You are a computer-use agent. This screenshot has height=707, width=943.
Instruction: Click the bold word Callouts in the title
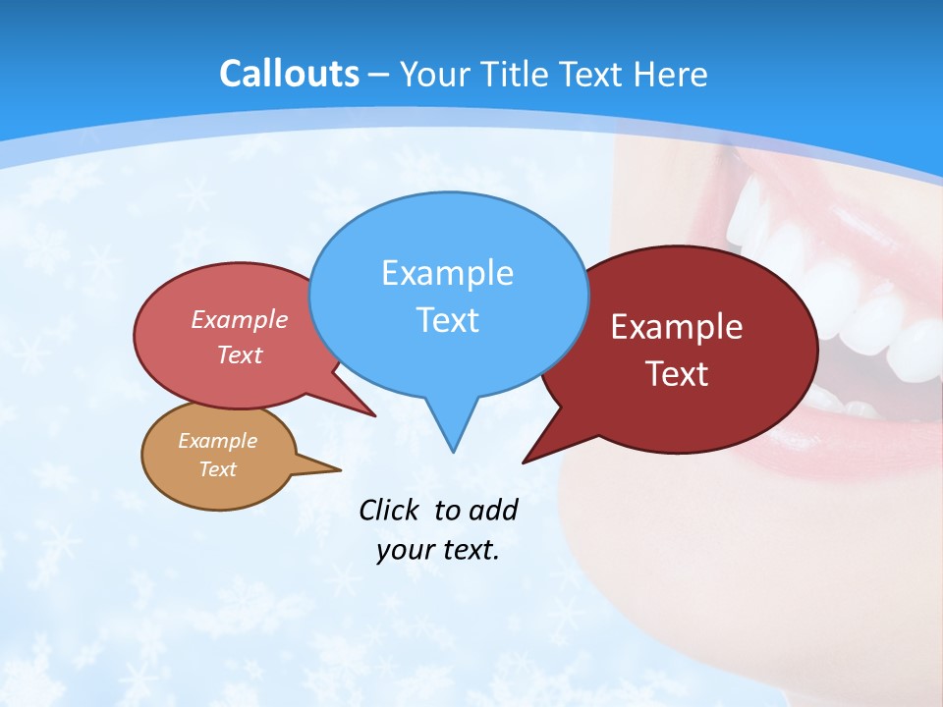pos(289,74)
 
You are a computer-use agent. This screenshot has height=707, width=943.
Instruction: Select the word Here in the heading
pos(671,74)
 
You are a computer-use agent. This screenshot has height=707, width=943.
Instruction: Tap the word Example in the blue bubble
pos(447,273)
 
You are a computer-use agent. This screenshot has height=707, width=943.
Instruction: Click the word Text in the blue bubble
pos(447,319)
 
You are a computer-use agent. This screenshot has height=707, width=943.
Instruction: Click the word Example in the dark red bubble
pos(677,327)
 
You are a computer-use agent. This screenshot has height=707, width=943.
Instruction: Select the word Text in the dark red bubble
pos(677,373)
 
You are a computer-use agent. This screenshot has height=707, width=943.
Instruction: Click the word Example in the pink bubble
pos(240,319)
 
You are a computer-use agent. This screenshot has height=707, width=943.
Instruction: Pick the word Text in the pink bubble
pos(240,354)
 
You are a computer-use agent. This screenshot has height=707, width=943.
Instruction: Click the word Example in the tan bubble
pos(217,441)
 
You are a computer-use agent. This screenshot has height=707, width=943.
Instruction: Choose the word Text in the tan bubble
pos(217,469)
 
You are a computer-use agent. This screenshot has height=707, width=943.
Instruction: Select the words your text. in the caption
pos(437,550)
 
